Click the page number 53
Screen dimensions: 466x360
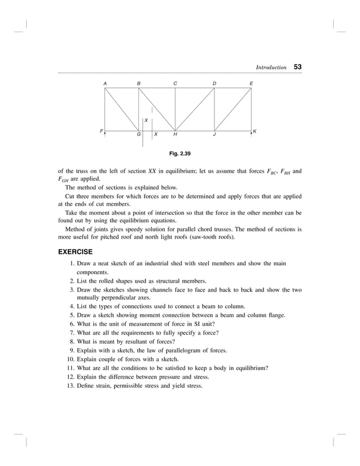tap(297, 67)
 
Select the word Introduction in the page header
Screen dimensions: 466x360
tap(271, 68)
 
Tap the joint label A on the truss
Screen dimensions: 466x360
tap(105, 83)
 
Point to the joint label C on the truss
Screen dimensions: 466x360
tap(175, 83)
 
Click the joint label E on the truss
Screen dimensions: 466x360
tap(251, 83)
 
